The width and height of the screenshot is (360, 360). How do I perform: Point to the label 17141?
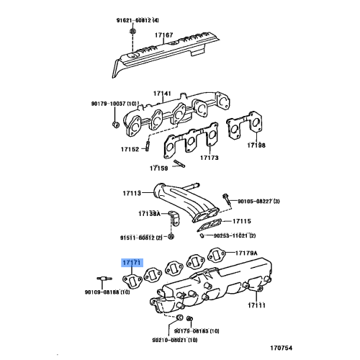(x=161, y=93)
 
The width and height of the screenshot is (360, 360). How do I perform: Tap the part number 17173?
(x=210, y=157)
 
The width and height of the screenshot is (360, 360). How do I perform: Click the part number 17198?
(x=257, y=145)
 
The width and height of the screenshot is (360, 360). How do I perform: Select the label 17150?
(x=158, y=168)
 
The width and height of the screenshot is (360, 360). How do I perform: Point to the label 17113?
(x=132, y=193)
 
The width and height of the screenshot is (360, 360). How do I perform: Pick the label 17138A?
(x=149, y=214)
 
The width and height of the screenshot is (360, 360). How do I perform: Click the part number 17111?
(x=257, y=305)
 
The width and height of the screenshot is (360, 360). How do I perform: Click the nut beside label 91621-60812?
(x=133, y=32)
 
